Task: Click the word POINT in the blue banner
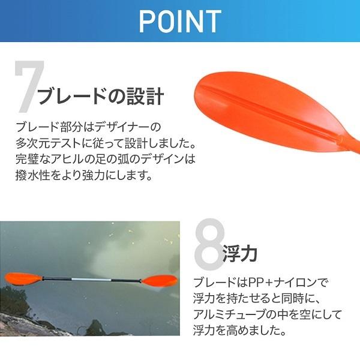[x=180, y=21]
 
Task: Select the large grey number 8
[x=211, y=243]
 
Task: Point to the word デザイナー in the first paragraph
[x=136, y=128]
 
